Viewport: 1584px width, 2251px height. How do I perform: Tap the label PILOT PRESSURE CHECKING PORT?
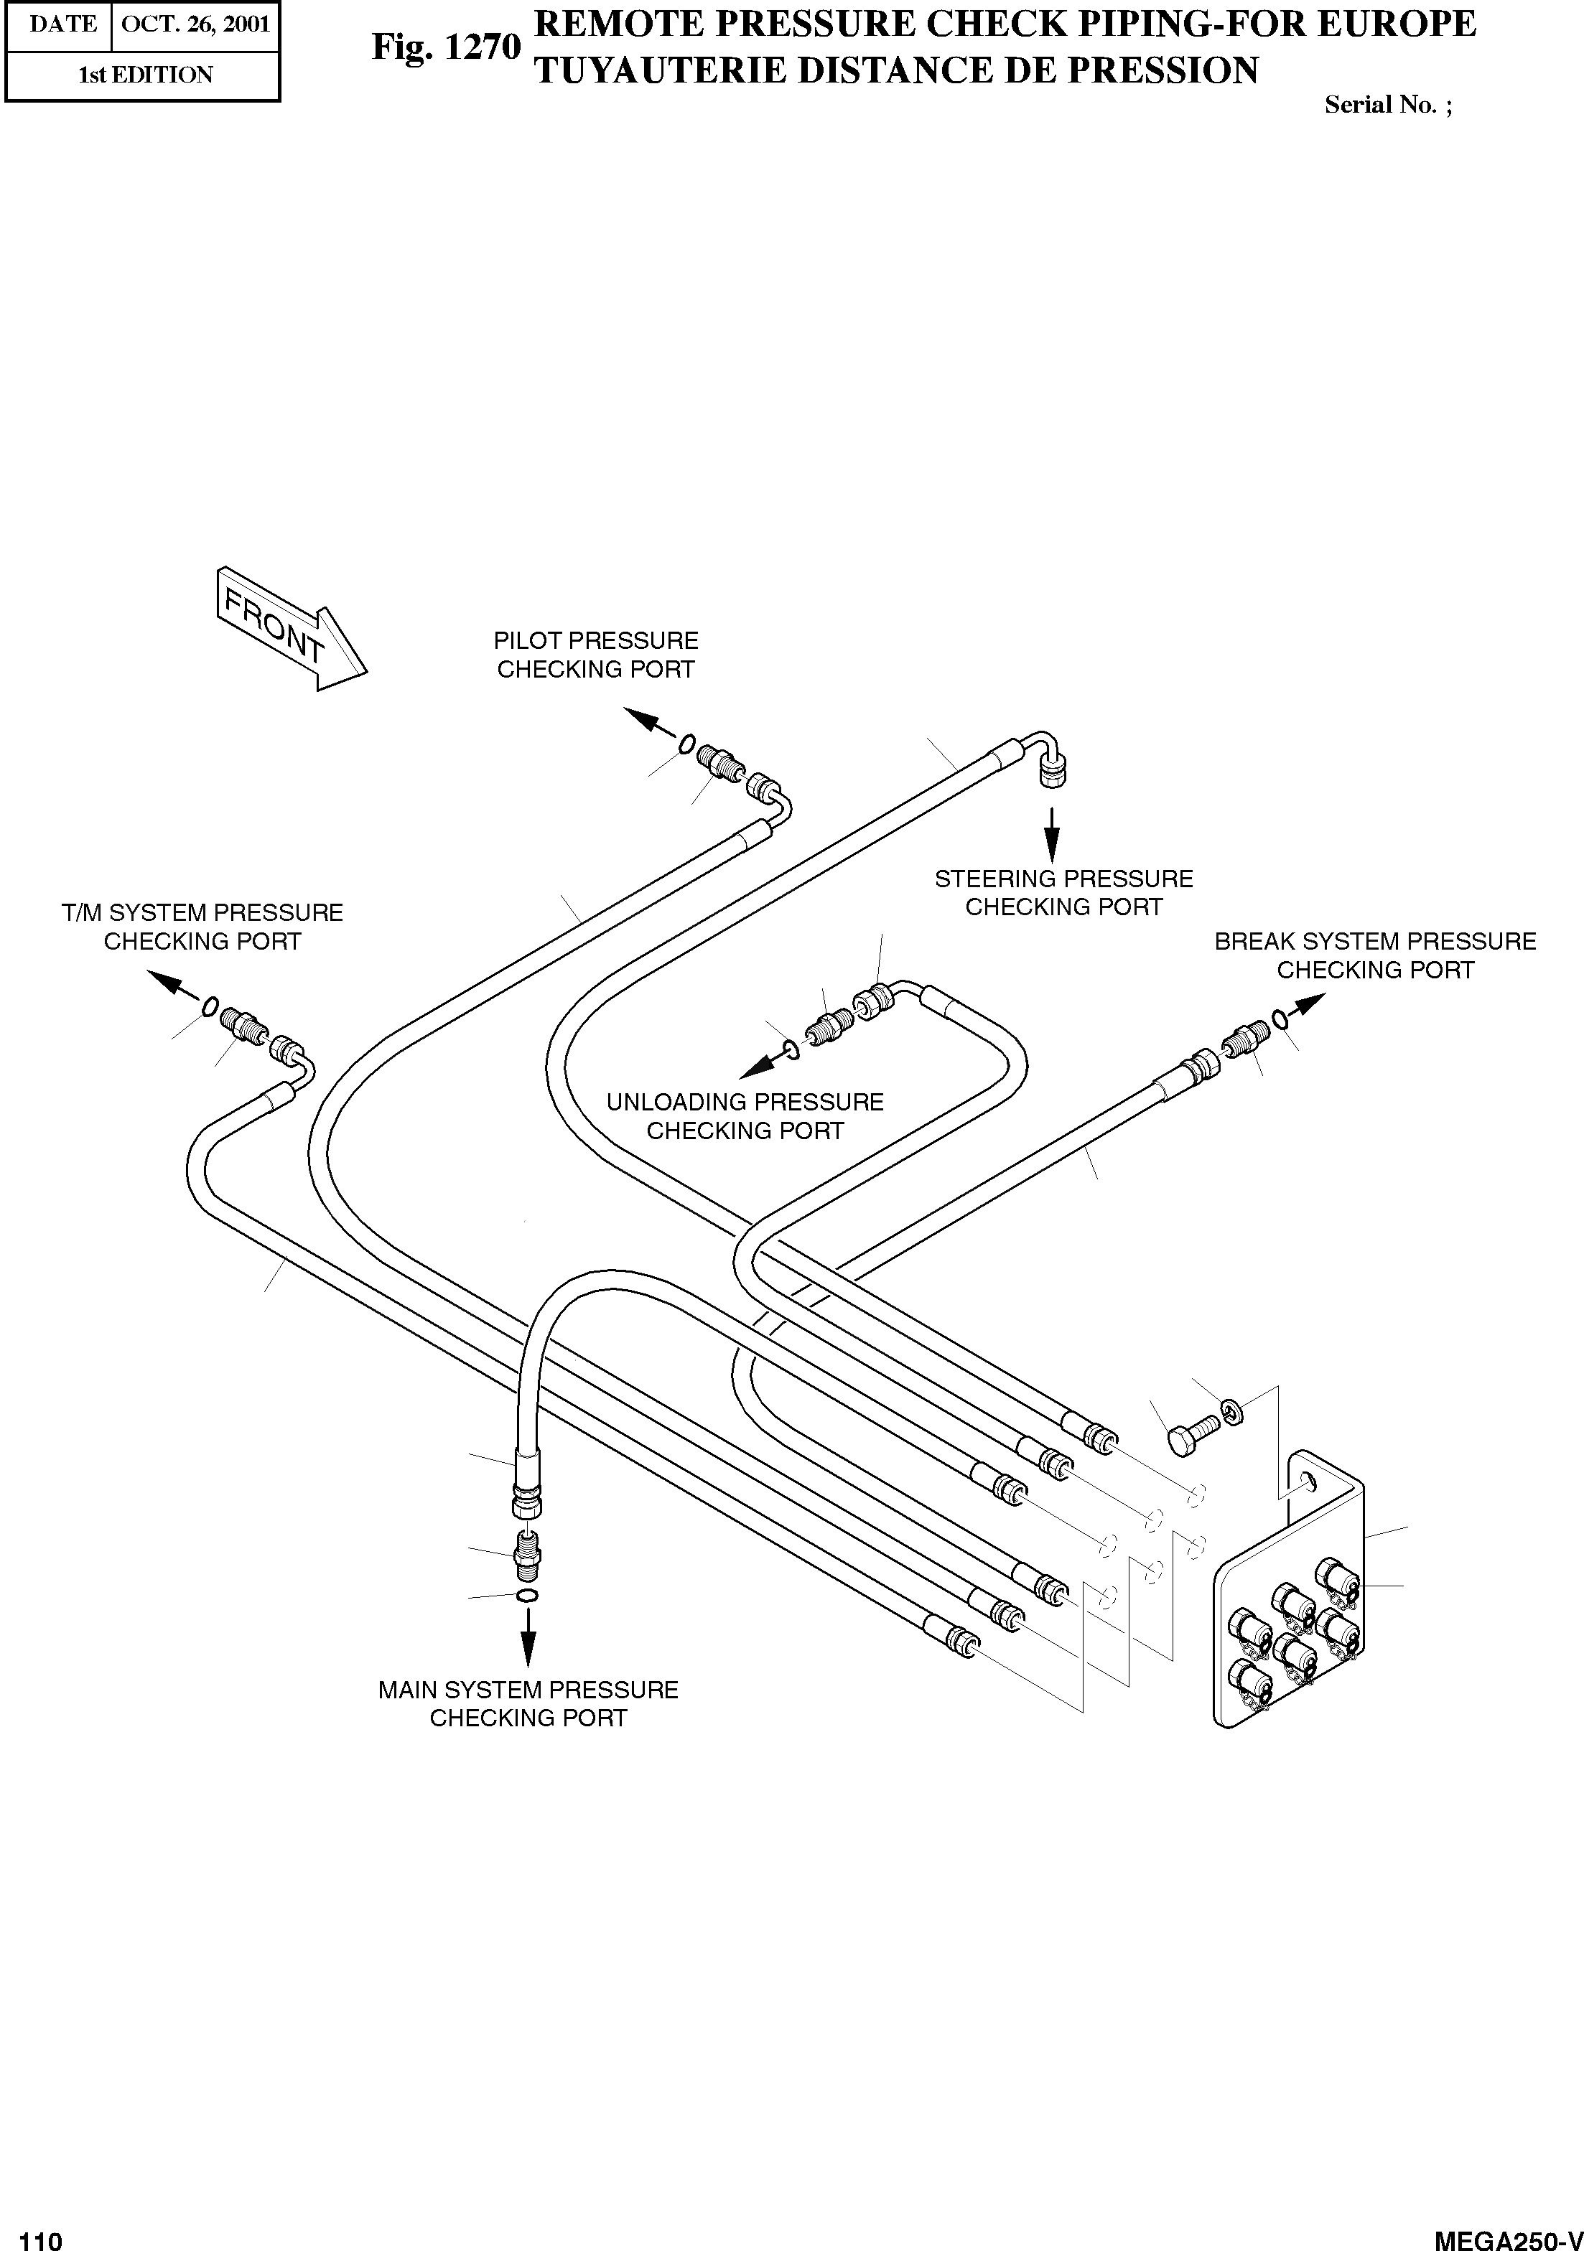point(595,655)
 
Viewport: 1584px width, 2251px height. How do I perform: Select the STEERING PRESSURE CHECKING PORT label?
point(1063,892)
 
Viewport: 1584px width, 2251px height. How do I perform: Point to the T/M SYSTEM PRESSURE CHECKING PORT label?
point(202,927)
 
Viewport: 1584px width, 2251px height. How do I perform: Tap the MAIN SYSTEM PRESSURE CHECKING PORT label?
point(528,1703)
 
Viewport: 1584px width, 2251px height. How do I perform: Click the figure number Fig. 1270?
point(445,46)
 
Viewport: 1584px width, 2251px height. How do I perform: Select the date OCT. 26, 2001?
point(195,24)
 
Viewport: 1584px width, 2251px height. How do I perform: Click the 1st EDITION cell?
point(144,75)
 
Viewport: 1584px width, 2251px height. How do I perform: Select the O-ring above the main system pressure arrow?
point(527,1597)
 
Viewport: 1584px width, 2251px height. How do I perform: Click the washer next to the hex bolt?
point(1233,1413)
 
